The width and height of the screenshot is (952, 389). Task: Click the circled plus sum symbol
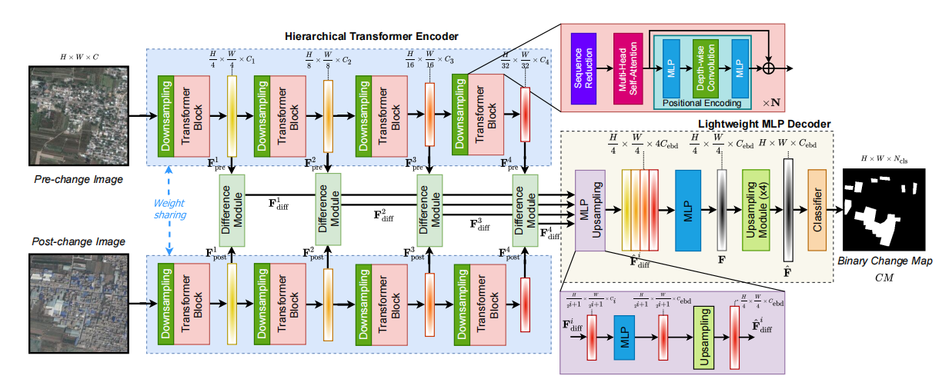tap(767, 68)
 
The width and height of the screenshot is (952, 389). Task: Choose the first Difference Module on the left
tap(230, 209)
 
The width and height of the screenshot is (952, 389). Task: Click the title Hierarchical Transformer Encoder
tap(371, 36)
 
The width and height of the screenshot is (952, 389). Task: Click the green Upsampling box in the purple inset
tap(705, 337)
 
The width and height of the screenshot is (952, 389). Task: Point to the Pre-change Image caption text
tap(78, 179)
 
